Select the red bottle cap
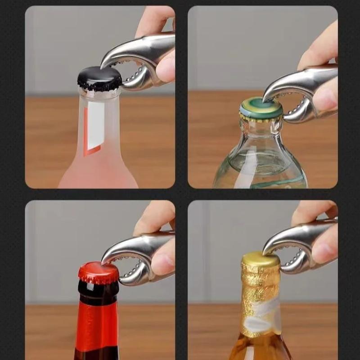[99, 272]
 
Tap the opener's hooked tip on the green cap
[266, 97]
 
